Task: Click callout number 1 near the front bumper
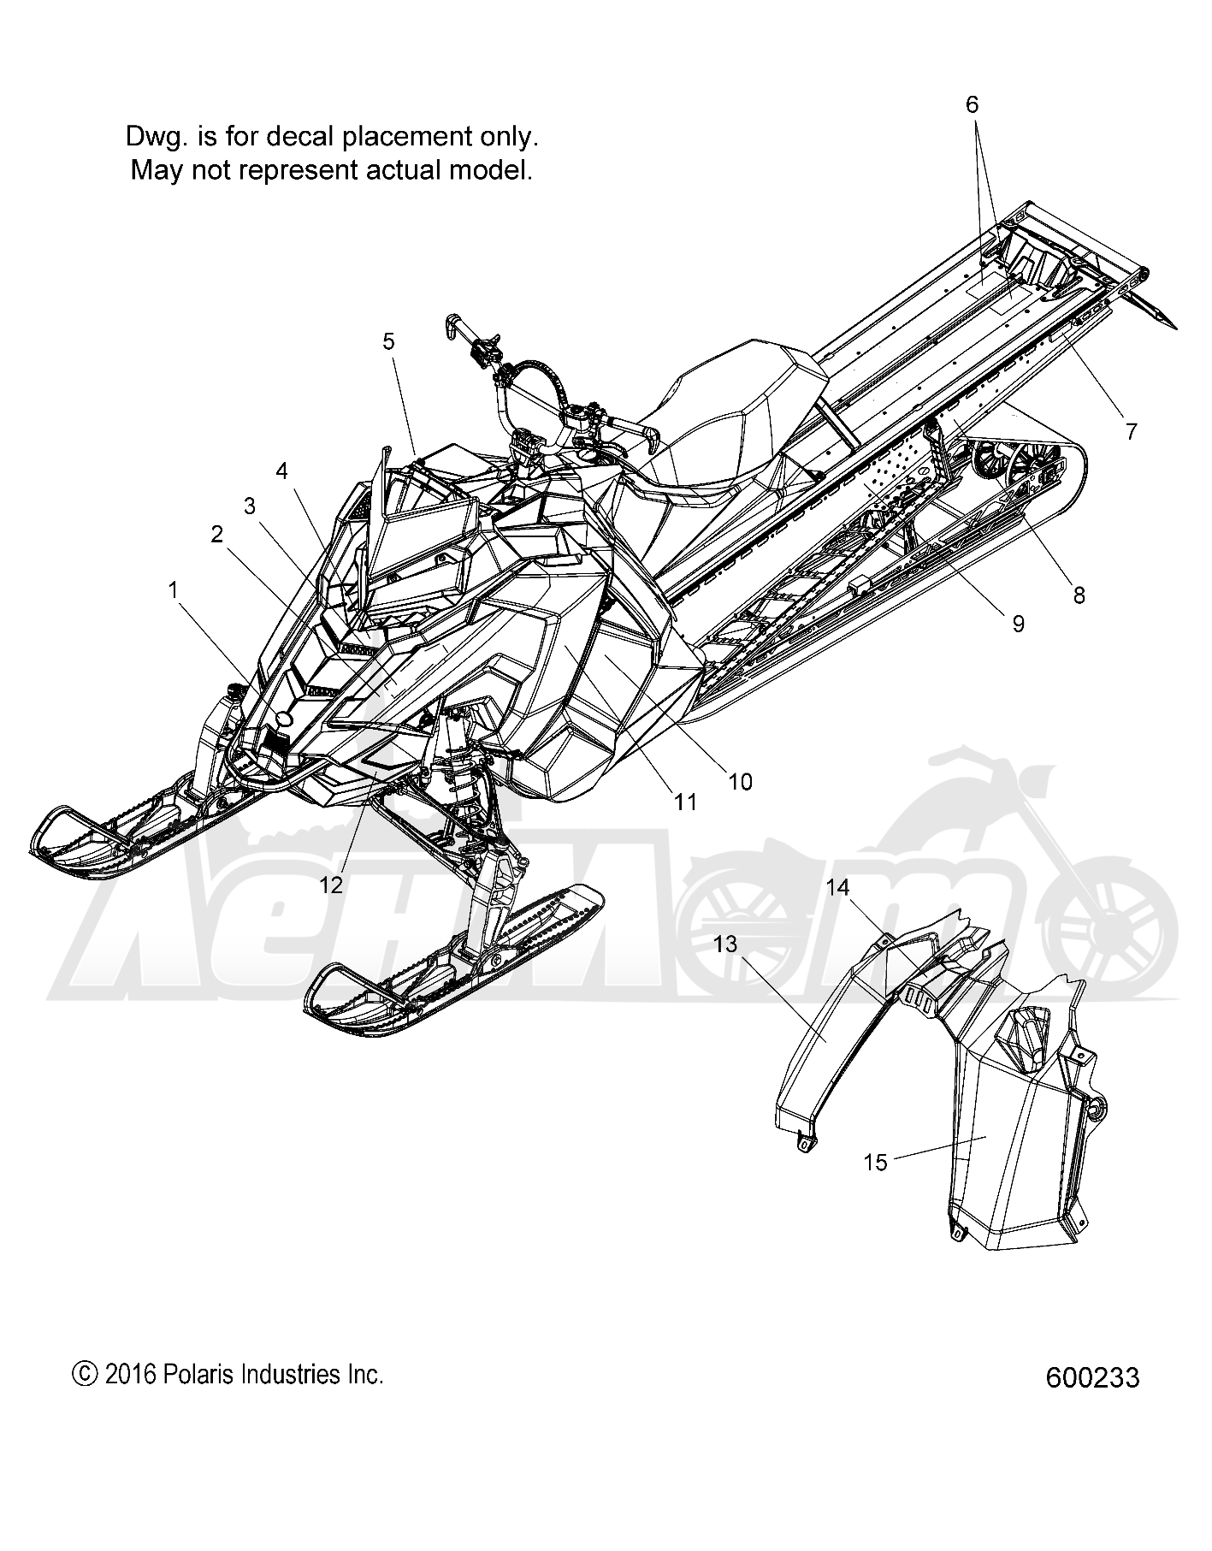tap(173, 590)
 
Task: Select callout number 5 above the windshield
tap(389, 342)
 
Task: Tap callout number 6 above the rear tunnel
tap(972, 104)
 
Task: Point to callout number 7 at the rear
tap(1132, 432)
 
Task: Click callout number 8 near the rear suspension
tap(1079, 595)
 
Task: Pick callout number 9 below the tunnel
tap(1018, 625)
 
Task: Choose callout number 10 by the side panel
tap(740, 781)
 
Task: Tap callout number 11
tap(685, 802)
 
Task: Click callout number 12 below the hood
tap(331, 885)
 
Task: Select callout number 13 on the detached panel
tap(724, 944)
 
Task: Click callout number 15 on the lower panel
tap(877, 1163)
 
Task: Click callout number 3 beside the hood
tap(249, 506)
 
